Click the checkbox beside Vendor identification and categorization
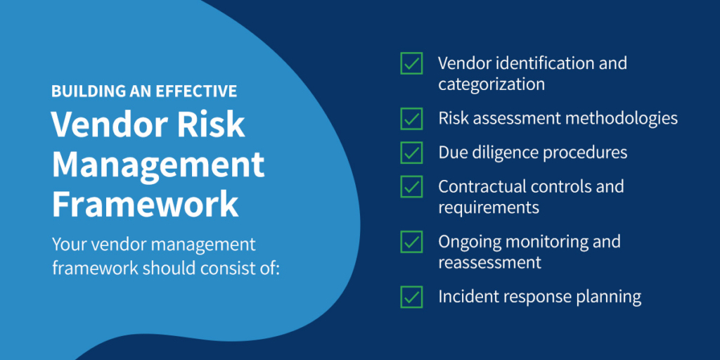(411, 63)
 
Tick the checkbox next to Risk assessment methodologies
(411, 118)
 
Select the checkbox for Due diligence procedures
(411, 152)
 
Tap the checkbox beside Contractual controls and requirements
(411, 187)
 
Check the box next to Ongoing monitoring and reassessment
(411, 242)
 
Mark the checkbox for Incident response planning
(411, 296)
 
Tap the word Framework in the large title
(145, 205)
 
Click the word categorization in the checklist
(491, 84)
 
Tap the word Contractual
(482, 187)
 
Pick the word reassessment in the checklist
(490, 263)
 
